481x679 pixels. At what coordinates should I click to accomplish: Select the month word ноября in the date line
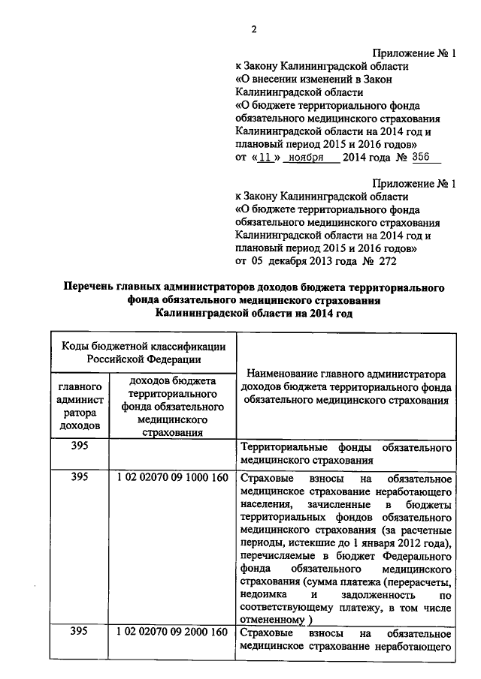(307, 157)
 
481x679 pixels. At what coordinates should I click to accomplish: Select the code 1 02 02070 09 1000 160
(172, 478)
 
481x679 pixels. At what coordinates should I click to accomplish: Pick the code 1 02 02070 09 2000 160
(172, 632)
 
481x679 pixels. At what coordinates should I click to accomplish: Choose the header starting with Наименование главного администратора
(346, 386)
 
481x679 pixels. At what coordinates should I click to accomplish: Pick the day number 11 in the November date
(263, 157)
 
